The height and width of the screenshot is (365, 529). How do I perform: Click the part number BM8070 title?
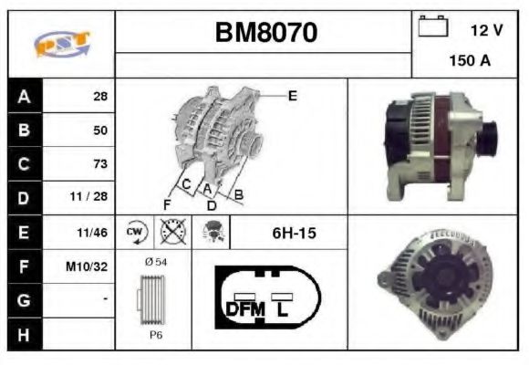[265, 34]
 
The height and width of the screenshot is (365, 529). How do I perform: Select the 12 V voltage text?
[486, 31]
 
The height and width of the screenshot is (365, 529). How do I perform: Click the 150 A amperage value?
[470, 61]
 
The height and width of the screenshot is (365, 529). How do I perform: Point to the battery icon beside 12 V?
[431, 27]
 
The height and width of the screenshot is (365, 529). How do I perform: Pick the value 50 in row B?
[100, 130]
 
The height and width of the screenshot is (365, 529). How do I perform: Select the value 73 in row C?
[100, 165]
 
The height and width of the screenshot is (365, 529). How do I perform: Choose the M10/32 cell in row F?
[90, 267]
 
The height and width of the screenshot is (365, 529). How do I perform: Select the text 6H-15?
[295, 234]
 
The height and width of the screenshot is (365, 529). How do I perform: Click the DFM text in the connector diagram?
[244, 308]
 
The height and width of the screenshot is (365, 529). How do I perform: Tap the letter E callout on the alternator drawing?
[292, 95]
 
